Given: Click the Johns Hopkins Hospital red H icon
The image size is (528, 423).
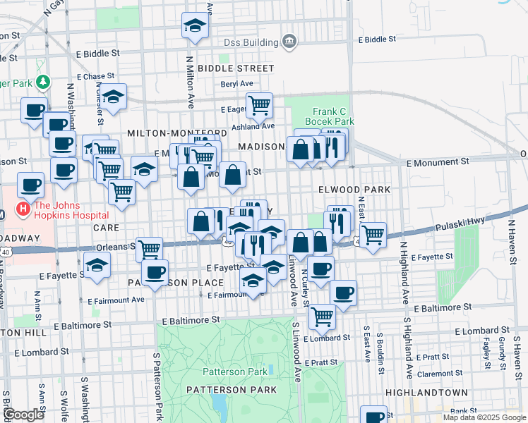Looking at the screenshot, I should (23, 209).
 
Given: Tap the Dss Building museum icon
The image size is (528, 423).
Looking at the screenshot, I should (289, 42).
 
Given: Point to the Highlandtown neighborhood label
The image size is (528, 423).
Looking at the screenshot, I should (426, 392).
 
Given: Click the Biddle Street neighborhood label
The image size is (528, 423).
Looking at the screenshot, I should (236, 68).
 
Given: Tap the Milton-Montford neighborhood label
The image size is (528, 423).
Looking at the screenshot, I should (176, 133).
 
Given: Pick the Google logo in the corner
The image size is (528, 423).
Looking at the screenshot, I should (24, 415).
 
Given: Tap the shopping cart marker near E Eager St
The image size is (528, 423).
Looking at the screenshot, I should (259, 105).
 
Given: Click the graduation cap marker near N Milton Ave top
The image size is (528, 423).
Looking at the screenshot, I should (196, 27).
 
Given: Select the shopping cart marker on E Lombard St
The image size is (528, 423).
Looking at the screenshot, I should (322, 316).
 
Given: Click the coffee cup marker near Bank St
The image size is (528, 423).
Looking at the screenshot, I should (373, 416).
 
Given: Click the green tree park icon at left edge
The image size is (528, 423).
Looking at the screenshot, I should (44, 82).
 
